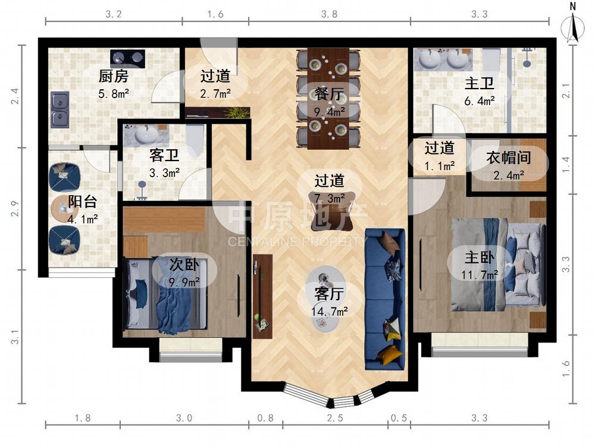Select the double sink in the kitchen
(60, 109)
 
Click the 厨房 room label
(114, 76)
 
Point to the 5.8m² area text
(114, 93)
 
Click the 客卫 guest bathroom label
(164, 155)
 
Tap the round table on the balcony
(61, 208)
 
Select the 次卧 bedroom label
(184, 265)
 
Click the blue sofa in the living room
(384, 299)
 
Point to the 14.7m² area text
(330, 312)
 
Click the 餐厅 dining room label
(329, 94)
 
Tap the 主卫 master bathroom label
(479, 83)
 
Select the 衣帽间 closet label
(509, 158)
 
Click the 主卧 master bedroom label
(479, 257)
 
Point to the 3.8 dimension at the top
(329, 14)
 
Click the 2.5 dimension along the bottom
(335, 418)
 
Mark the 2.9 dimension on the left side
(15, 209)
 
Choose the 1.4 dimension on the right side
(566, 165)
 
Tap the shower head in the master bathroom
(527, 61)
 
